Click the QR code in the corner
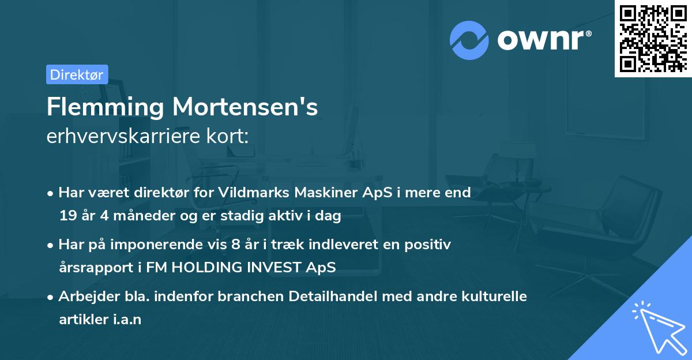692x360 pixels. click(x=653, y=39)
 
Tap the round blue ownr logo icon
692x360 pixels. click(x=470, y=40)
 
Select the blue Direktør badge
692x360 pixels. click(x=77, y=74)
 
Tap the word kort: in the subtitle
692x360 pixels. click(x=230, y=136)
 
